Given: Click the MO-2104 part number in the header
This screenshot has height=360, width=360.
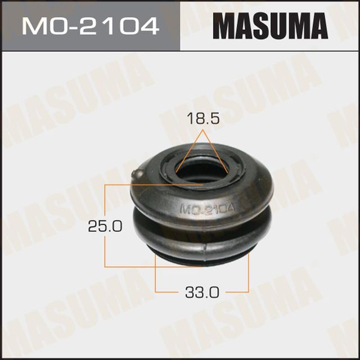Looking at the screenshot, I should coord(89,25).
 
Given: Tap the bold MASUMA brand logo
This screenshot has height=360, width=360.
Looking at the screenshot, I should coord(270,25).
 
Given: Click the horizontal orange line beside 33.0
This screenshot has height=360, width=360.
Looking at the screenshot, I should coord(169,292).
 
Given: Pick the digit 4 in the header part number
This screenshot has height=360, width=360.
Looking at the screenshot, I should coord(150,25).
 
